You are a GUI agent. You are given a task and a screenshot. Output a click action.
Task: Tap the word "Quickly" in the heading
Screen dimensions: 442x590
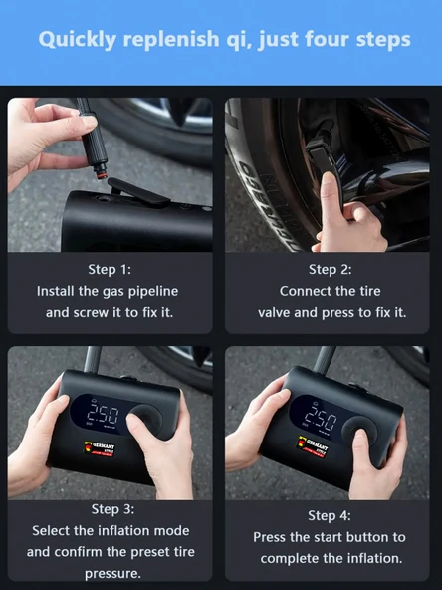pyautogui.click(x=77, y=40)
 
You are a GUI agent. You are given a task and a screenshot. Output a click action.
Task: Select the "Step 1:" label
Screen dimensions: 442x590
pyautogui.click(x=110, y=269)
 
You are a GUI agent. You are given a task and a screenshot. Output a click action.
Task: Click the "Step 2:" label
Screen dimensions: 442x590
pyautogui.click(x=330, y=269)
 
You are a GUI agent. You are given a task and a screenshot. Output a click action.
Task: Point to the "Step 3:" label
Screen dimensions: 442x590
pyautogui.click(x=112, y=509)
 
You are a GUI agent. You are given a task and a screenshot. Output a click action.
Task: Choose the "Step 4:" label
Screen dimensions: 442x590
pyautogui.click(x=330, y=515)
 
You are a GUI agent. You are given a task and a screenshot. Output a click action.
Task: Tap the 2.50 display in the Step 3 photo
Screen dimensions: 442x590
pyautogui.click(x=103, y=415)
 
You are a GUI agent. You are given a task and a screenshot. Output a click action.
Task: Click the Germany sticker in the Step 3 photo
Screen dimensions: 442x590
pyautogui.click(x=100, y=448)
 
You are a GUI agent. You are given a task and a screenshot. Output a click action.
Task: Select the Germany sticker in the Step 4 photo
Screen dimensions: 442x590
pyautogui.click(x=313, y=446)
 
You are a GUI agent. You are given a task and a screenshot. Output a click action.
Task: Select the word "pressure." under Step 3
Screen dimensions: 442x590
pyautogui.click(x=112, y=574)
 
